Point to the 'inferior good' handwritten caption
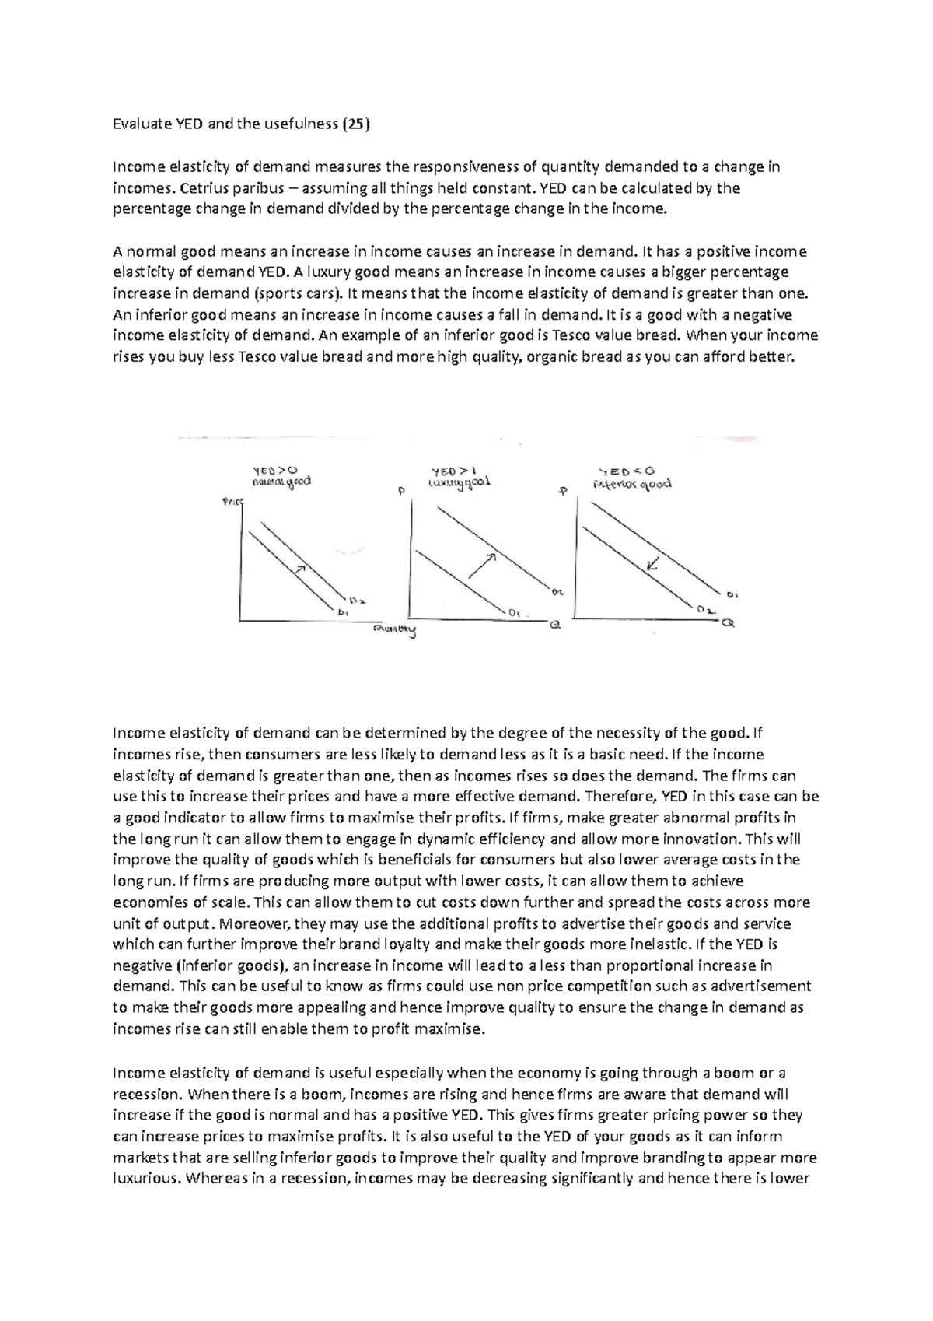click(632, 484)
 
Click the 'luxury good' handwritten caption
click(460, 483)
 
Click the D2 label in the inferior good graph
click(705, 610)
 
